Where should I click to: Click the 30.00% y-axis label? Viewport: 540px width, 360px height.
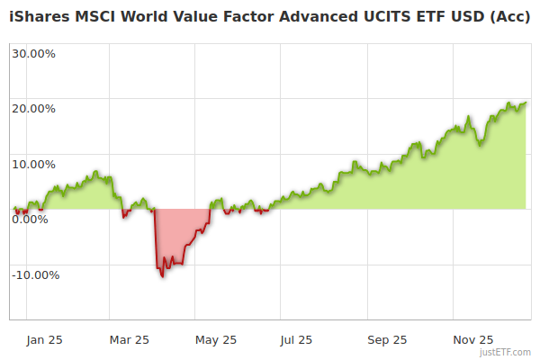click(x=33, y=53)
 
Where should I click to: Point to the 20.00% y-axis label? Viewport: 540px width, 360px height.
click(x=33, y=109)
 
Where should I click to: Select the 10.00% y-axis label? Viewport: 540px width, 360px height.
click(x=33, y=165)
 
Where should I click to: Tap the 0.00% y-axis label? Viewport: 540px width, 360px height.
click(x=30, y=220)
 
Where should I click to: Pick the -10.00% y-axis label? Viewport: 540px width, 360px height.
click(x=35, y=275)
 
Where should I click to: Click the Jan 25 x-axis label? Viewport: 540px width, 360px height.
click(x=44, y=340)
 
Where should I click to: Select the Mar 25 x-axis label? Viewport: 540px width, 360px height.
click(x=129, y=340)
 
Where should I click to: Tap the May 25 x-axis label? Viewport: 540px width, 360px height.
click(x=215, y=340)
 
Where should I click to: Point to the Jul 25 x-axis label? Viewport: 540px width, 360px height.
click(x=296, y=340)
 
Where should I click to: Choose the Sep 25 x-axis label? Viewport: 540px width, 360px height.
click(x=387, y=340)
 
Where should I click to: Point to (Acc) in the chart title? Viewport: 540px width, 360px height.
click(x=508, y=18)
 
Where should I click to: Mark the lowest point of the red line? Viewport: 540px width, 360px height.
click(x=163, y=276)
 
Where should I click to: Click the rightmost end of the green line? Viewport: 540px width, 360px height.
click(x=526, y=103)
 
